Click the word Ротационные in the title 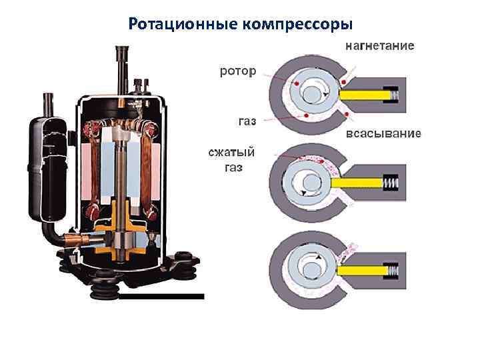click(x=175, y=25)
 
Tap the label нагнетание click(x=379, y=47)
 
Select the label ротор click(x=237, y=71)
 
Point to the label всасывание click(x=383, y=134)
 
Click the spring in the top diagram click(x=394, y=97)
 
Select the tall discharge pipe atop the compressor click(x=122, y=67)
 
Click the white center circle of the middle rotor click(x=311, y=180)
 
